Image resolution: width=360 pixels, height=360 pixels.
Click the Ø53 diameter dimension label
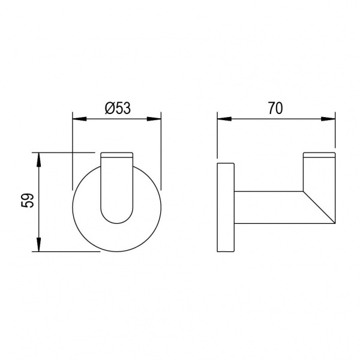[x=118, y=109]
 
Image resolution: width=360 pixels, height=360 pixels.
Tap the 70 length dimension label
[x=276, y=108]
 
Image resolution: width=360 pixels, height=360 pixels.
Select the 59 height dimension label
[x=28, y=200]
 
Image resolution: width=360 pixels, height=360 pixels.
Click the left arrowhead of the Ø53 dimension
[x=79, y=119]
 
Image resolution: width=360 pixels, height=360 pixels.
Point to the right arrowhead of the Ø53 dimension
[x=154, y=119]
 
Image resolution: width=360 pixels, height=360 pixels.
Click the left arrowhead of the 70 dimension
[x=224, y=119]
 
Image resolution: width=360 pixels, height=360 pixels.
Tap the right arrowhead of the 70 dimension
[x=328, y=119]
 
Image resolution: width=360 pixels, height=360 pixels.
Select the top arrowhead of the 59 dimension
[x=39, y=159]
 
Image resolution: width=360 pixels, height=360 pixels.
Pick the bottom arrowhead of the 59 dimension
[x=39, y=245]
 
